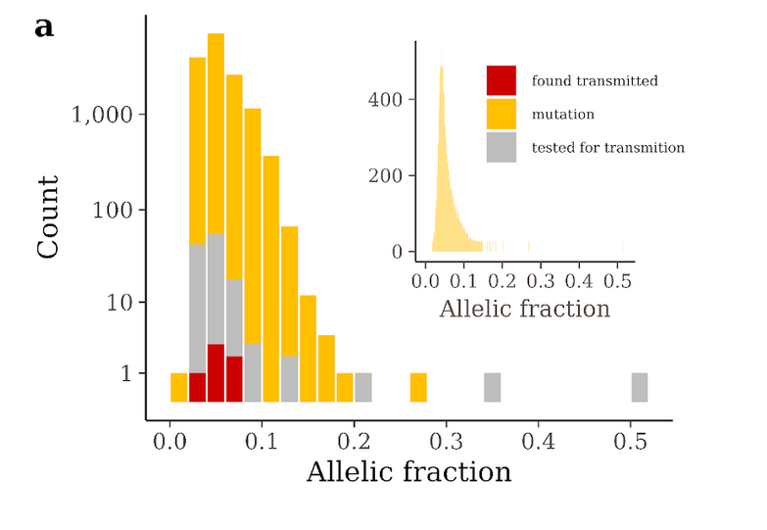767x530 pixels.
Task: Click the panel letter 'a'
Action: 44,27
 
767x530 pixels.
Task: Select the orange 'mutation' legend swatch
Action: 502,115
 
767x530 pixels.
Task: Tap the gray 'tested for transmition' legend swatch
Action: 502,148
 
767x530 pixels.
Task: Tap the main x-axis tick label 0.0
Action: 169,440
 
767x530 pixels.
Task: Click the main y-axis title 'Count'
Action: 48,217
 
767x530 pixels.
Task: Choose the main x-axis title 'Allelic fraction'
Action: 408,472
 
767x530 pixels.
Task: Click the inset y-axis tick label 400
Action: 389,100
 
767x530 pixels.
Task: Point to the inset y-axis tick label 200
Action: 389,176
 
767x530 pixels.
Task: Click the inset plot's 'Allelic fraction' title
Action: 524,310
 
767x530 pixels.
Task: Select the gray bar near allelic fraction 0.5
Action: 640,387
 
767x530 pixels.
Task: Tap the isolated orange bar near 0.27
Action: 418,387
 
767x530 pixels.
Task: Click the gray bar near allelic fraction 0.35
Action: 492,387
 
